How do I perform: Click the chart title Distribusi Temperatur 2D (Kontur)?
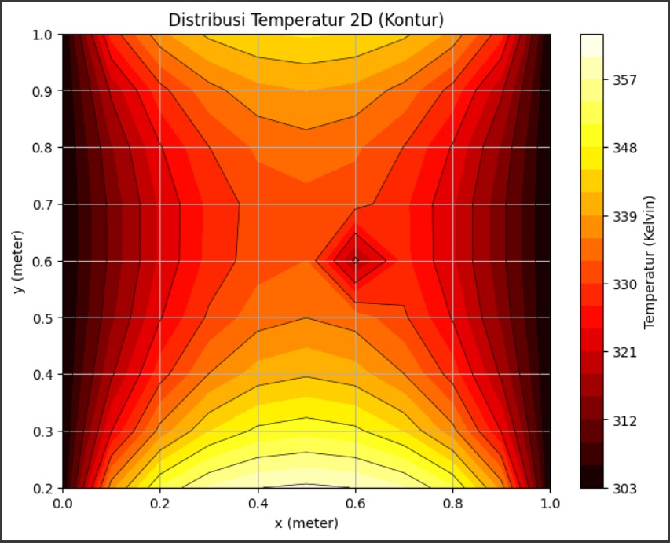[x=306, y=20]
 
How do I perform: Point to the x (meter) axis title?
[x=306, y=523]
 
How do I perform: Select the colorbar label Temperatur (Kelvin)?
[x=650, y=262]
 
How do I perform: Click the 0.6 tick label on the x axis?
[x=355, y=503]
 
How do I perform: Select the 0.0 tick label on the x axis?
[x=63, y=503]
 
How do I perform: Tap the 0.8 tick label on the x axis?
[x=452, y=503]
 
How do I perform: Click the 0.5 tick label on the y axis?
[x=44, y=318]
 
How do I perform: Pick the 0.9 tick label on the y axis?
[x=44, y=91]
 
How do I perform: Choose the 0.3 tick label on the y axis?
[x=44, y=431]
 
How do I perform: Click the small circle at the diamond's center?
[x=355, y=260]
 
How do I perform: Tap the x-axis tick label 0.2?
[x=160, y=503]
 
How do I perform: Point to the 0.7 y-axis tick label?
[x=44, y=204]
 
